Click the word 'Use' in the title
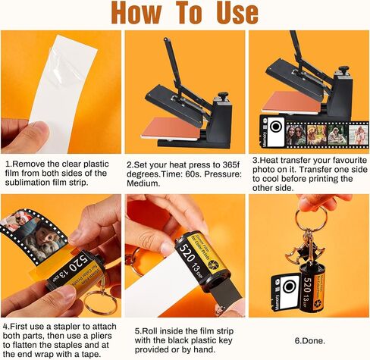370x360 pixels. click(237, 13)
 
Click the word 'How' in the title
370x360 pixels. click(136, 13)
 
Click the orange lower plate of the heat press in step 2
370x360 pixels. click(171, 128)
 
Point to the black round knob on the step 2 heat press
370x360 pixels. click(223, 95)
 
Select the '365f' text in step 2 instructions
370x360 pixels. click(230, 165)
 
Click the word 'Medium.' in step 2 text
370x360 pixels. click(143, 183)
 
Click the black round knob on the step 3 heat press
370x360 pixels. click(343, 69)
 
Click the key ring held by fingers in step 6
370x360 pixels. click(311, 218)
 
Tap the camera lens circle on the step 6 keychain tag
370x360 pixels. click(289, 286)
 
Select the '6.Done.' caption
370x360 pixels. click(310, 341)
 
